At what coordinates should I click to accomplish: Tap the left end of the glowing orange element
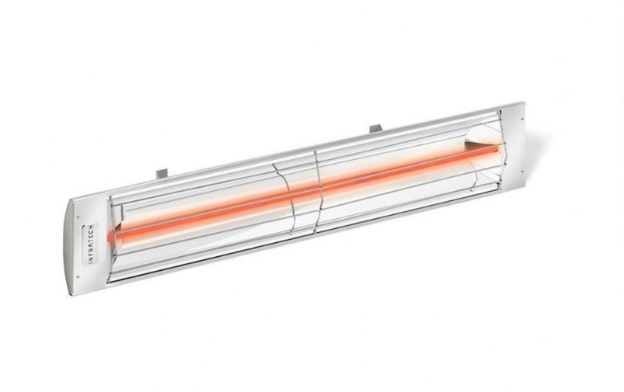[x=117, y=231]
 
